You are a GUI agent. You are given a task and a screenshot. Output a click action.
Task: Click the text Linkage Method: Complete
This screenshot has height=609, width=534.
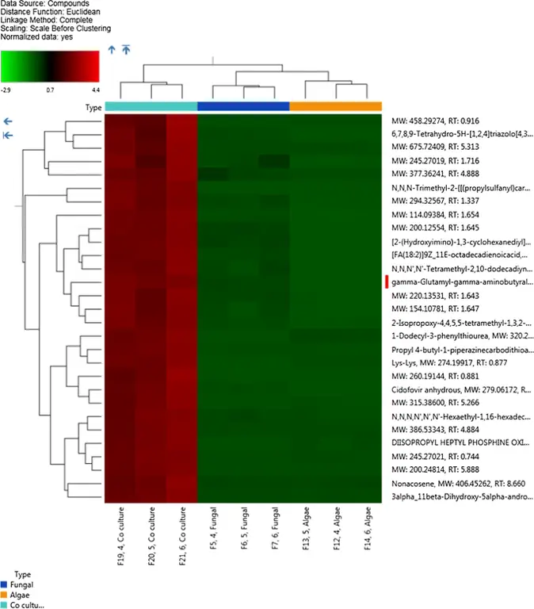tap(44, 19)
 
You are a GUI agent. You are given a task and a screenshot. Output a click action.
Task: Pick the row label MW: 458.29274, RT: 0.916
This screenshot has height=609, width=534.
tap(442, 120)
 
